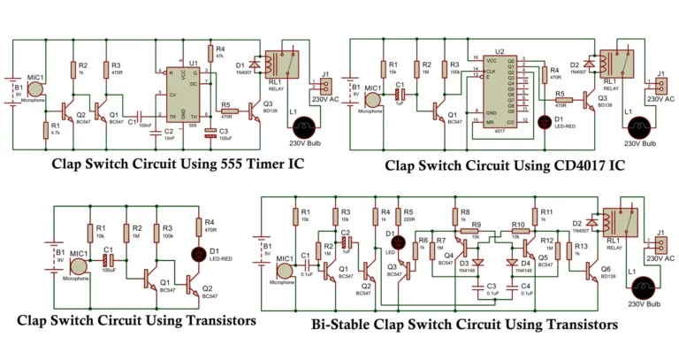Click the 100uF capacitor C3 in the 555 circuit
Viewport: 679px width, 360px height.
210,133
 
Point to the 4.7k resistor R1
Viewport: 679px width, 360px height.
44,131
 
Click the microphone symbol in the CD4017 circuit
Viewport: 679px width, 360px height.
370,97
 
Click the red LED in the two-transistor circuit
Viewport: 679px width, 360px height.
198,257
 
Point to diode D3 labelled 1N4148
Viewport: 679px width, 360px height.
478,263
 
